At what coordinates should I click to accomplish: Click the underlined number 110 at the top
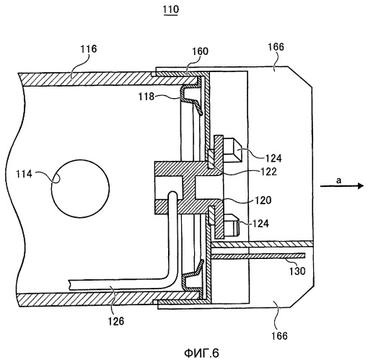click(171, 9)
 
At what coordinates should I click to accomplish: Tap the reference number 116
click(88, 49)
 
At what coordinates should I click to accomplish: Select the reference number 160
click(200, 51)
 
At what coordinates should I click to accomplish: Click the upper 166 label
click(276, 47)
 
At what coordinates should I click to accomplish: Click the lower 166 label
click(279, 335)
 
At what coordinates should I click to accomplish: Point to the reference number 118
click(146, 97)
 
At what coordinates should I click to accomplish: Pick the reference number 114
click(24, 174)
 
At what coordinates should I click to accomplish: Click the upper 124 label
click(273, 158)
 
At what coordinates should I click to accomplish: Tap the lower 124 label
click(260, 224)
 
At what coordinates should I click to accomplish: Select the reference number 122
click(268, 172)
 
